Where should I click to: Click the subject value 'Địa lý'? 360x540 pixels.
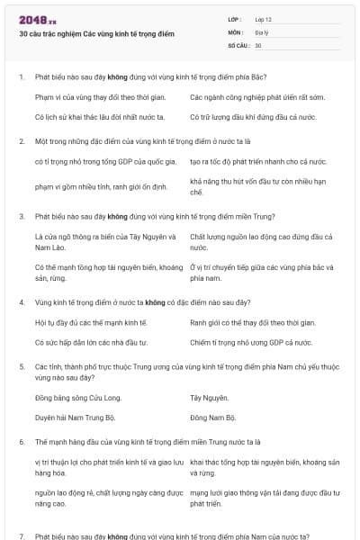pyautogui.click(x=262, y=31)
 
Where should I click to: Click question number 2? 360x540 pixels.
pyautogui.click(x=22, y=141)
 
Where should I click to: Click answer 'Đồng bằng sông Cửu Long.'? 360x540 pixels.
pyautogui.click(x=75, y=397)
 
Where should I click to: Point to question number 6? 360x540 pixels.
pyautogui.click(x=22, y=442)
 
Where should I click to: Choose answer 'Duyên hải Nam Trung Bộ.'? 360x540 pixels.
pyautogui.click(x=76, y=418)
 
